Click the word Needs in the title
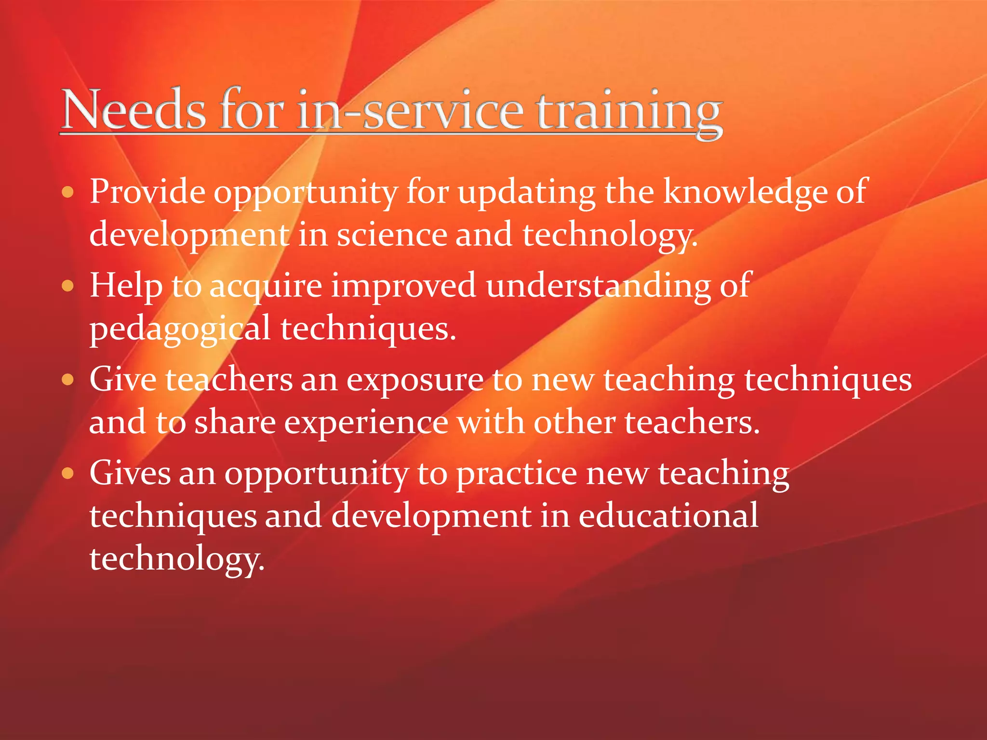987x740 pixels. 134,110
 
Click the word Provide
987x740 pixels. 147,192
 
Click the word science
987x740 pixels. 391,235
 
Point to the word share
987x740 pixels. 235,423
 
